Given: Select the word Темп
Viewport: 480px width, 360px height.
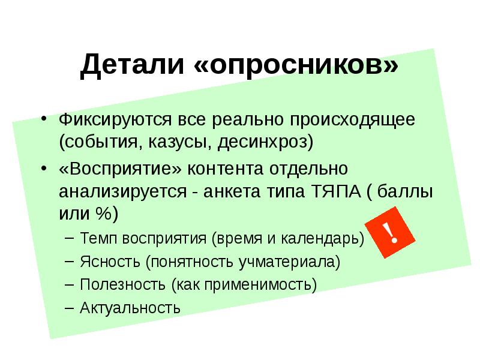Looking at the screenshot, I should coord(99,239).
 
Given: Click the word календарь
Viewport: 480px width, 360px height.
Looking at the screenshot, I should coord(325,239).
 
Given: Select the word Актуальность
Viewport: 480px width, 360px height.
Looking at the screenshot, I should coord(130,308).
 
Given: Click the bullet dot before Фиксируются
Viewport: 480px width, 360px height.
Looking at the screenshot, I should coord(44,119).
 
